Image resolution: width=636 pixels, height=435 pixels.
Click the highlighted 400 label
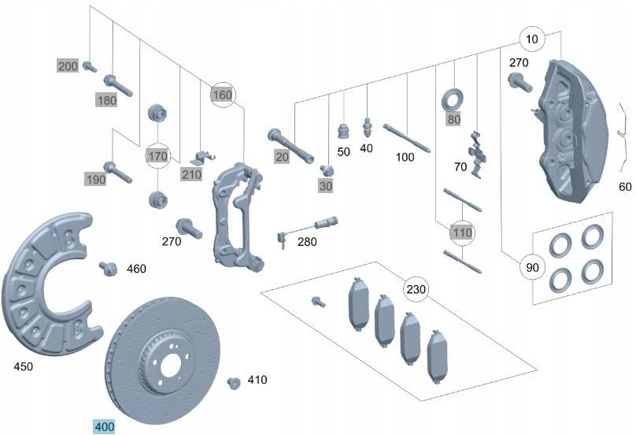point(104,426)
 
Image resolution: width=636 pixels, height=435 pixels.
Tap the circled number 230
point(416,288)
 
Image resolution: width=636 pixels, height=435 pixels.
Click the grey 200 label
point(68,65)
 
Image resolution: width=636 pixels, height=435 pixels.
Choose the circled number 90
point(532,268)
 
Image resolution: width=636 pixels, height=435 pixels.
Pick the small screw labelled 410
point(233,382)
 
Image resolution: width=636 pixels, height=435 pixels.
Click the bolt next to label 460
point(107,269)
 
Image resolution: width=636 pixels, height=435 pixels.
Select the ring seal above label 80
point(453,100)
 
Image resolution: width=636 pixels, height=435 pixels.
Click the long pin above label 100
point(406,137)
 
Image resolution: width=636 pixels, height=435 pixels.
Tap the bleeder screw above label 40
point(367,127)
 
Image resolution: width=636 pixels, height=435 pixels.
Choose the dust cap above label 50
point(342,129)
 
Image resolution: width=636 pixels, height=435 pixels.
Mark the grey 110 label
point(462,232)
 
